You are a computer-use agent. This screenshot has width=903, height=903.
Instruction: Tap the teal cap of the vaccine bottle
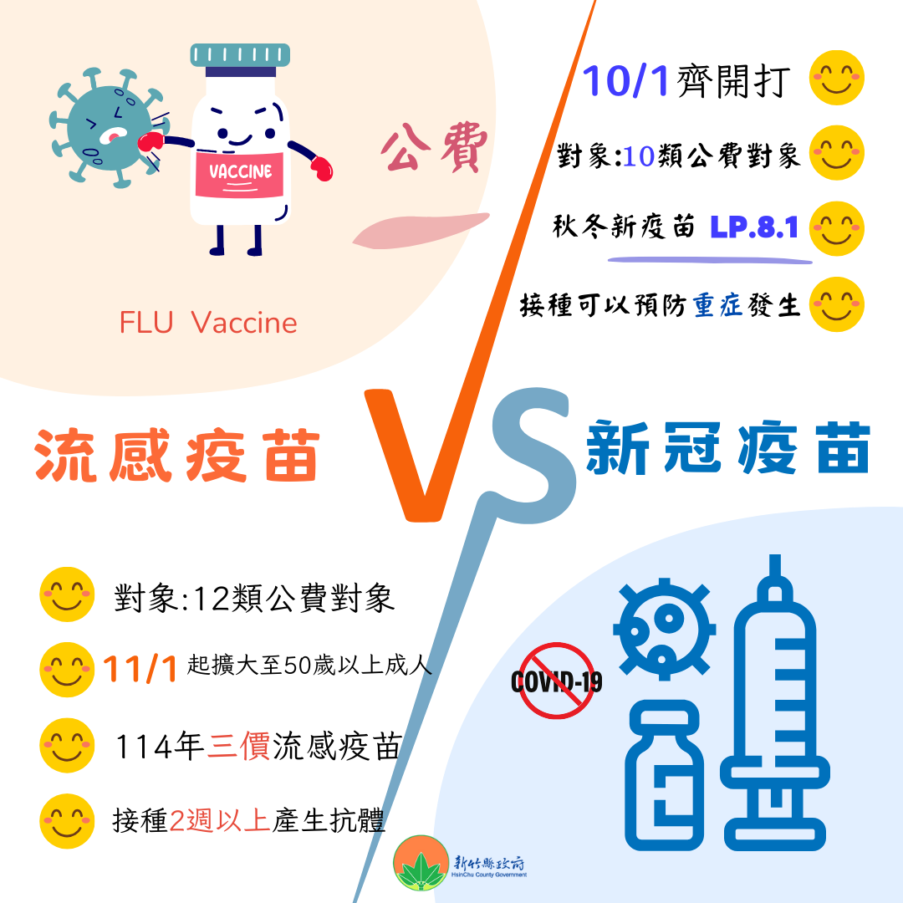coord(240,55)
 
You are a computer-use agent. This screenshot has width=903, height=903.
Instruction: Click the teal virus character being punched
coord(108,128)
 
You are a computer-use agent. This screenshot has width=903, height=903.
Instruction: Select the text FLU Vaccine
coord(208,323)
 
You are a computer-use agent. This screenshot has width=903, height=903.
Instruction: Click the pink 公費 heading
coord(434,147)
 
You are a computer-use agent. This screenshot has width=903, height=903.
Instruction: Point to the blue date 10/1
coord(625,80)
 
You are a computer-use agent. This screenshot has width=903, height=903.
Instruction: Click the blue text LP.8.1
coord(754,227)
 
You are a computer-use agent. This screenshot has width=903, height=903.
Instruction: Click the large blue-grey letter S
coord(531,456)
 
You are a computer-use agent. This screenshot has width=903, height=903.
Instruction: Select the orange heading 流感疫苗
coord(176,455)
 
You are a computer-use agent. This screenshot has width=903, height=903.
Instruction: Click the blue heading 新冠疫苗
coord(728,447)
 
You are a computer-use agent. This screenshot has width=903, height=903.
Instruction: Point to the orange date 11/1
coord(140,669)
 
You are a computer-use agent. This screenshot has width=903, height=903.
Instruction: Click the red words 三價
coord(238,746)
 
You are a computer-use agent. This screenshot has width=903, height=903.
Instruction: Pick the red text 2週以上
coord(220,820)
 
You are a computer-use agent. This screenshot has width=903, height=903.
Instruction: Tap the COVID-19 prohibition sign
coord(557,681)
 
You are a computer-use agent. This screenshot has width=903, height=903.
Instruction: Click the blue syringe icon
coord(775,702)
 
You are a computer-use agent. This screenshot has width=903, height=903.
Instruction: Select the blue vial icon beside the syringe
coord(663,774)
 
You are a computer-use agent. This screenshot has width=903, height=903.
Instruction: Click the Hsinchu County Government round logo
coord(421,863)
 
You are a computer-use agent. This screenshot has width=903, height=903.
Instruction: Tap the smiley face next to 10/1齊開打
coord(836,78)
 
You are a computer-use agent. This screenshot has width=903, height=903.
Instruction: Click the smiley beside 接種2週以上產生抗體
coord(67,821)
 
